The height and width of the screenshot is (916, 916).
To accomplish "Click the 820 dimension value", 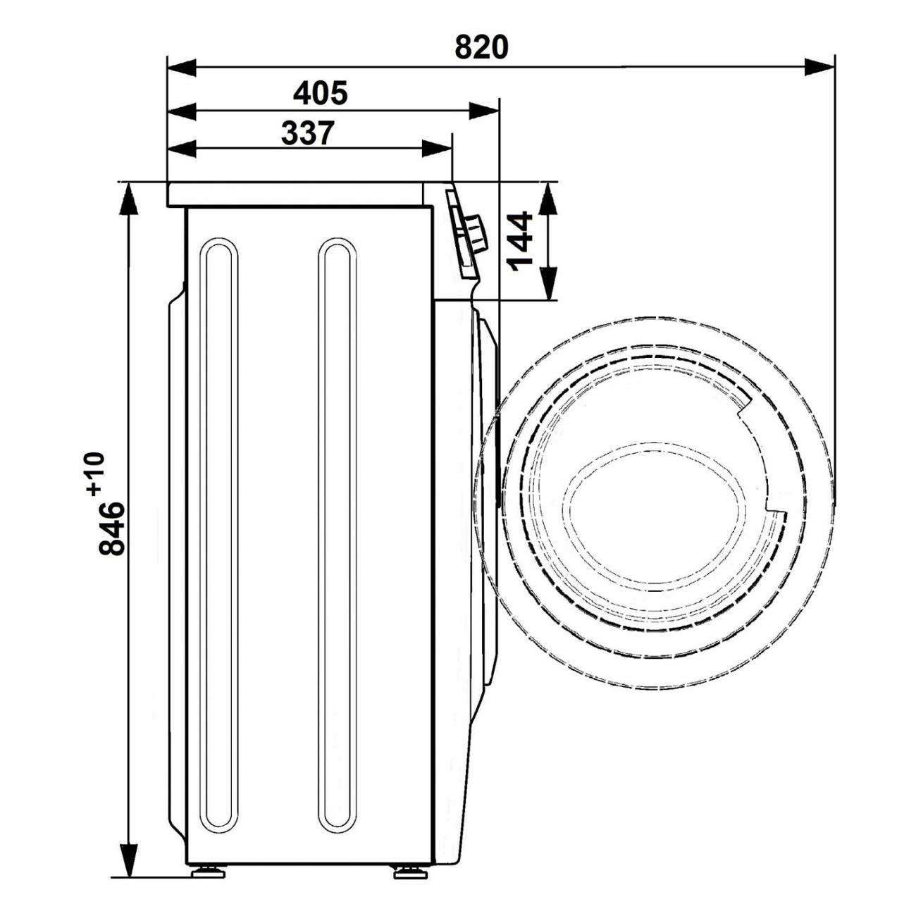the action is [x=481, y=47].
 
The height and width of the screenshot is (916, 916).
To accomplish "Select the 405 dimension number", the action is [x=321, y=93].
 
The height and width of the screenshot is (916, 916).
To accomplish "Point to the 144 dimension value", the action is [x=519, y=242].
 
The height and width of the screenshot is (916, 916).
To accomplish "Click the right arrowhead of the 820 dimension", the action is [x=819, y=66].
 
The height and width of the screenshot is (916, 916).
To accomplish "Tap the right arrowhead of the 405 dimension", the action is [x=484, y=111].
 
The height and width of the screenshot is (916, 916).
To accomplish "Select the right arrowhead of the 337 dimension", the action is [x=436, y=148].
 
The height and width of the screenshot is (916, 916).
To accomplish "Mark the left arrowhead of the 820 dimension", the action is [x=182, y=66].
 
